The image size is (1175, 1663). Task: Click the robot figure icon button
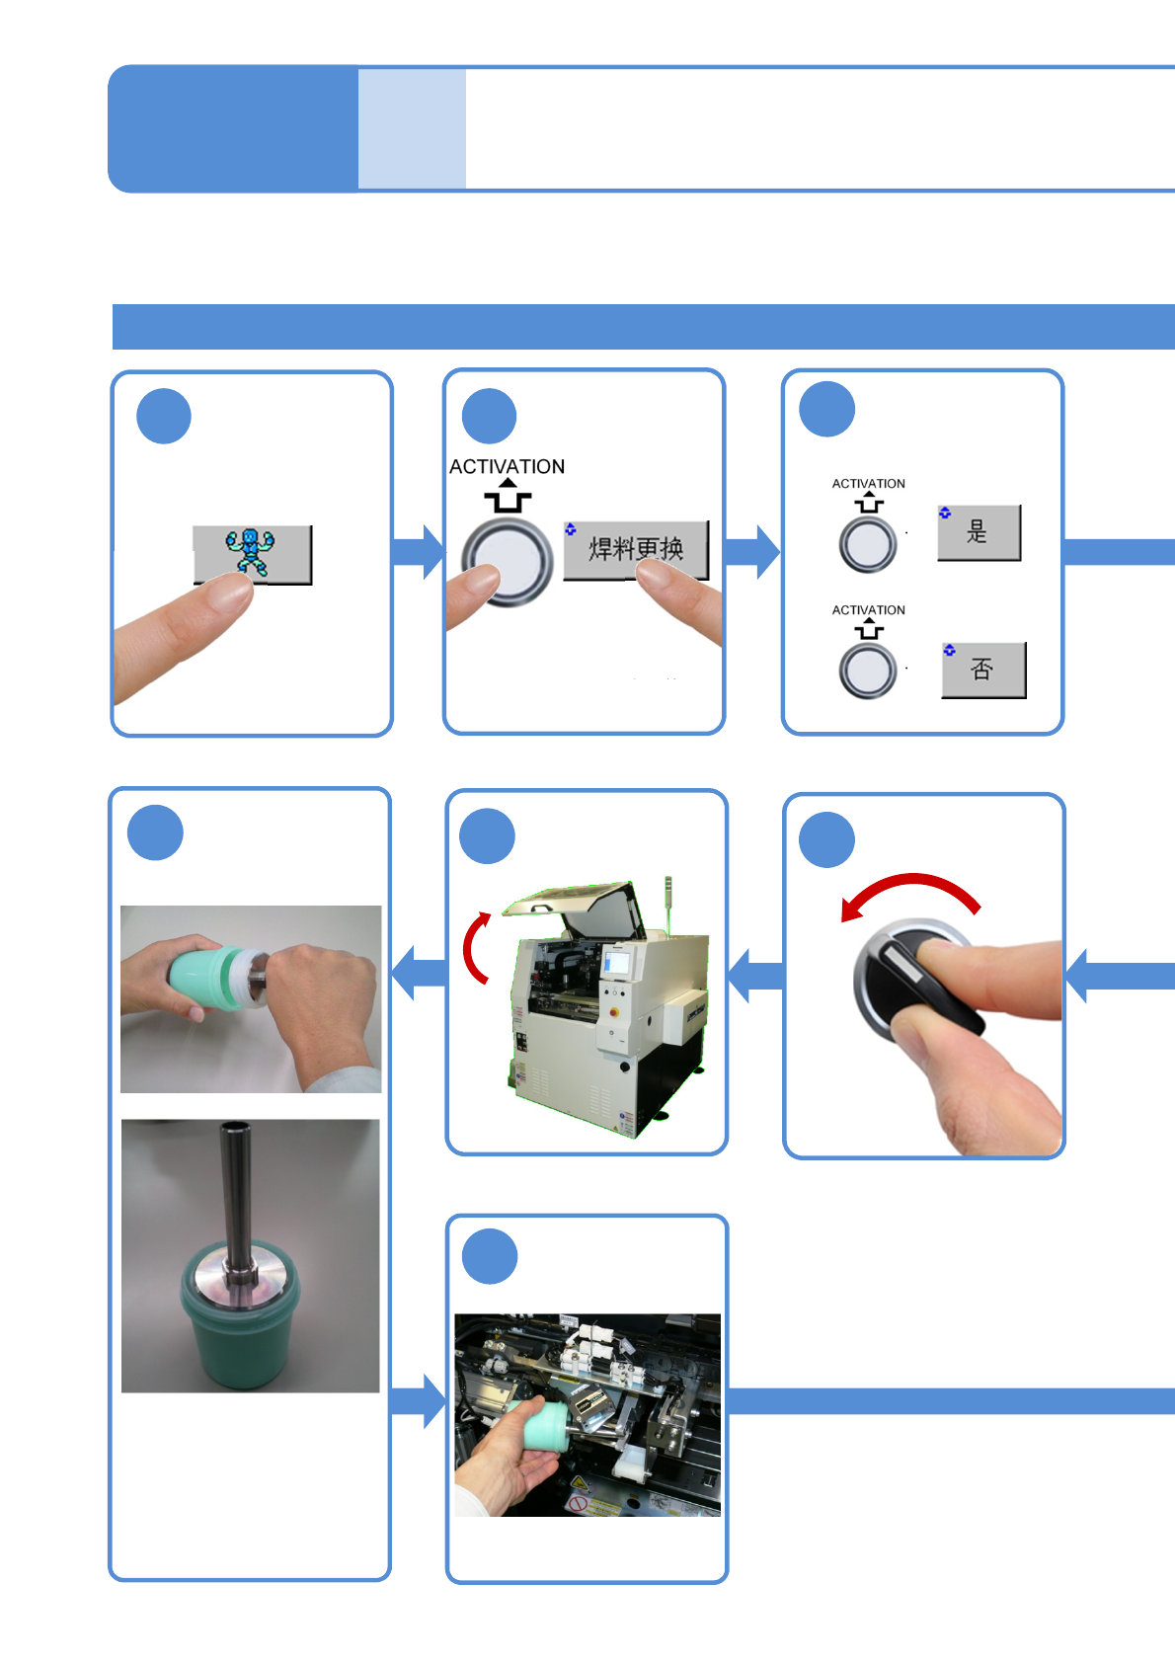point(252,553)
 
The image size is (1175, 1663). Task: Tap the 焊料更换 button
point(636,549)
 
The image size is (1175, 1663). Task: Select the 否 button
point(982,670)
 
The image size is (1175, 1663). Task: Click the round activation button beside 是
point(868,544)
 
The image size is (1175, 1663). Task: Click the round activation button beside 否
point(868,671)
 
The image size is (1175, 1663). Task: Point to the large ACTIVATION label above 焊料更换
point(507,466)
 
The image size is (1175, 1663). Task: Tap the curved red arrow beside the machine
point(476,948)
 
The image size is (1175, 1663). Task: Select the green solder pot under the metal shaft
point(240,1323)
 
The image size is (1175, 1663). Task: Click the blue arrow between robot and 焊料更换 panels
point(418,551)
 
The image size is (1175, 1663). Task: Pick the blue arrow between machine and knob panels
point(755,976)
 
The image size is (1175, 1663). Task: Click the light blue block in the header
point(412,128)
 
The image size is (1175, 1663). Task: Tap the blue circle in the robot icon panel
point(164,417)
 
